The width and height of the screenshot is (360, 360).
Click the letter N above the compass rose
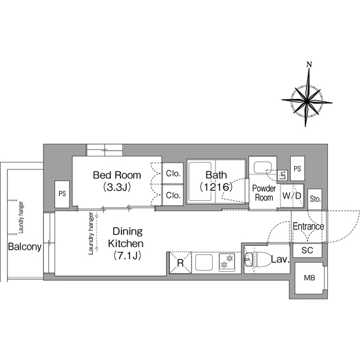point(309,65)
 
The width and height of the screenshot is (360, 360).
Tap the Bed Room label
point(117,175)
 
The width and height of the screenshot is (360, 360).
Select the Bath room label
point(216,175)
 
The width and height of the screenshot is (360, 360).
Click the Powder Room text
point(264,193)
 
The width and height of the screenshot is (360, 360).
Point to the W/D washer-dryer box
point(292,196)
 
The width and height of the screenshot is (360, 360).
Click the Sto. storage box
point(315,199)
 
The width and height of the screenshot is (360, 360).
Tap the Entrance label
point(308,227)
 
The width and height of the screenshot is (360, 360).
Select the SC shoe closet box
point(308,250)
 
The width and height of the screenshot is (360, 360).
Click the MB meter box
point(309,278)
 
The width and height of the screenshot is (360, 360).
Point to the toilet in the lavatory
point(259,260)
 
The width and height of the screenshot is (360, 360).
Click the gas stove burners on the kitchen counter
point(227,262)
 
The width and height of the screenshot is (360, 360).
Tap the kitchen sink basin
point(205,262)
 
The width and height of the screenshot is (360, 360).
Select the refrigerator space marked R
point(181,263)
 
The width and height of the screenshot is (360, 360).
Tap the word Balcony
point(25,247)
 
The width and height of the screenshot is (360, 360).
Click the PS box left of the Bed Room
point(62,194)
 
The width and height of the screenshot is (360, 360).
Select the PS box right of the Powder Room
point(298,169)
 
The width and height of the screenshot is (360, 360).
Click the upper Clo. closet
point(173,173)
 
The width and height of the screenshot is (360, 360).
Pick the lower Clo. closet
point(173,195)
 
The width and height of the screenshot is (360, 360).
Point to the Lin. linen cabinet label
point(283,175)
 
